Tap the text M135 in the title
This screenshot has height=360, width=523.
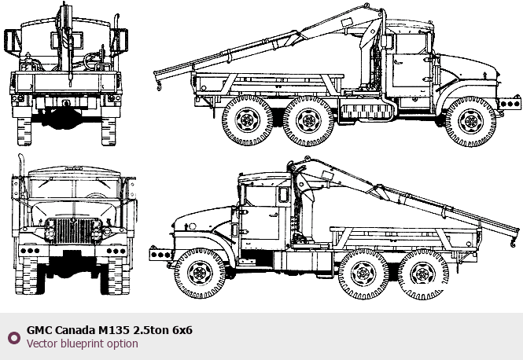pyautogui.click(x=113, y=330)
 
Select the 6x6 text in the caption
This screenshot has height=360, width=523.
pyautogui.click(x=182, y=330)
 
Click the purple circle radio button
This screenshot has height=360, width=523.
pyautogui.click(x=14, y=338)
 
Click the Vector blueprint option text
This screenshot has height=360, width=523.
pyautogui.click(x=83, y=343)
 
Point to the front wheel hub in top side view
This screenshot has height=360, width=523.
pyautogui.click(x=471, y=122)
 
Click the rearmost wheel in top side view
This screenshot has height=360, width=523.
pyautogui.click(x=248, y=121)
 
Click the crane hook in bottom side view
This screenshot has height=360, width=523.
pyautogui.click(x=512, y=244)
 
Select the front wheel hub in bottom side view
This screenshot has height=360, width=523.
pyautogui.click(x=200, y=274)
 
